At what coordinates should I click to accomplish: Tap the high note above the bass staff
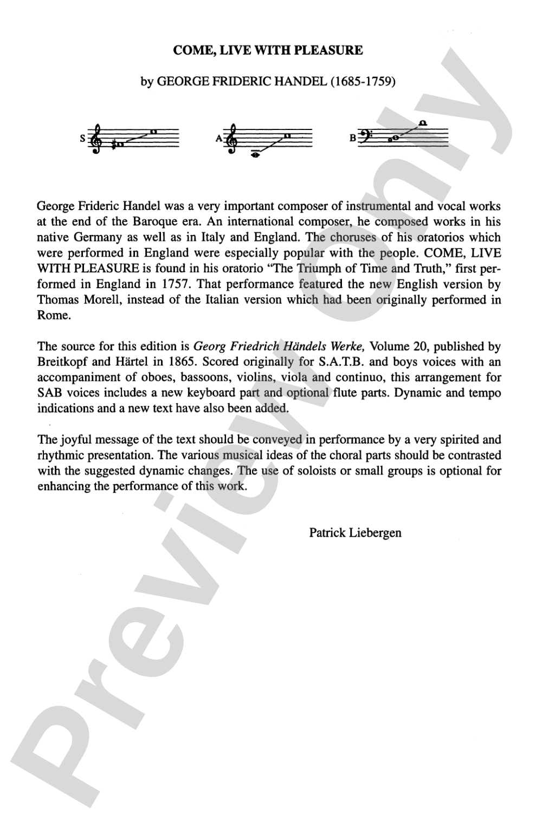click(x=423, y=123)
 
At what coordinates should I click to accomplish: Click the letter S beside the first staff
click(x=82, y=138)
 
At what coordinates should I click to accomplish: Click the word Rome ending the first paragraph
click(x=54, y=315)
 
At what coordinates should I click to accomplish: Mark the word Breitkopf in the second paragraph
click(x=60, y=362)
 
